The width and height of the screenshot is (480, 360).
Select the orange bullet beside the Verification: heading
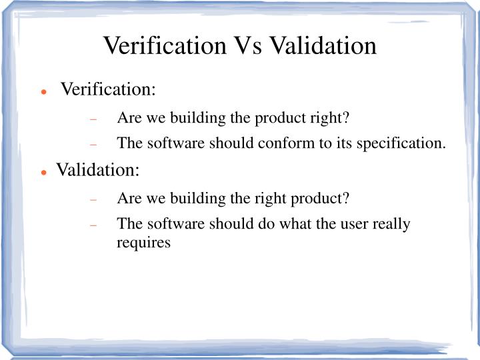tap(43, 91)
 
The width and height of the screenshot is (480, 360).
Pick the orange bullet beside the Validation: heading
tap(43, 171)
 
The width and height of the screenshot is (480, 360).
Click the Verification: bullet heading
tap(108, 89)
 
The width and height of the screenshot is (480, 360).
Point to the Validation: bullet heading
tap(97, 170)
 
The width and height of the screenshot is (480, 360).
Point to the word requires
tap(144, 243)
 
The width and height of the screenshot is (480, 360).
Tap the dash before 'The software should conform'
tap(94, 144)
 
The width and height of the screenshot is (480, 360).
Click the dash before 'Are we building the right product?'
tap(94, 200)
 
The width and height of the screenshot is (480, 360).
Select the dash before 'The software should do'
tap(94, 225)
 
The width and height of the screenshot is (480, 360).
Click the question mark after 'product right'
tap(347, 119)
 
